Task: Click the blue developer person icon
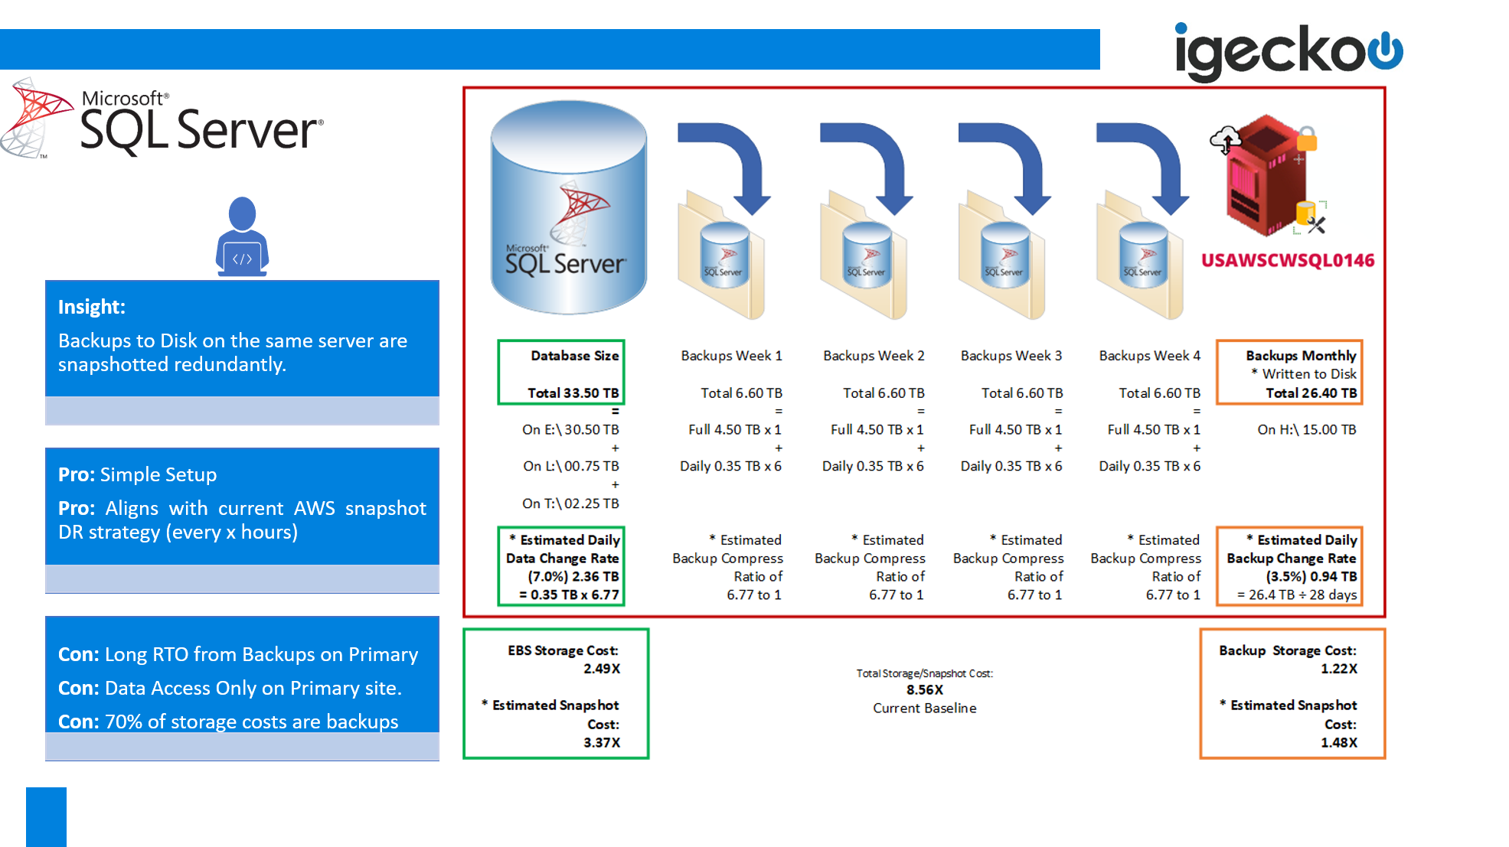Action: pos(242,236)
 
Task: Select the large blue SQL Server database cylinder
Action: pos(569,208)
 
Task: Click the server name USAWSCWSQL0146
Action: pos(1287,260)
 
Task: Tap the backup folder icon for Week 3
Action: pos(1002,260)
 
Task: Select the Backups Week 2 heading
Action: pos(874,356)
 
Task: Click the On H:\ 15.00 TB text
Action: pos(1306,430)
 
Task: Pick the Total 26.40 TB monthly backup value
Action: pos(1311,393)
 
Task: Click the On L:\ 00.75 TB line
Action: pos(570,466)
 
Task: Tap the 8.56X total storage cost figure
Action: pos(924,689)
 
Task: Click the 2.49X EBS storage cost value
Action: pos(602,668)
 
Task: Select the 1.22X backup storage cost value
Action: pos(1338,668)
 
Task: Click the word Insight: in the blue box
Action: pos(92,307)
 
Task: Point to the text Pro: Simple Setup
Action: pos(138,474)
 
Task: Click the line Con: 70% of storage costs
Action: pos(228,722)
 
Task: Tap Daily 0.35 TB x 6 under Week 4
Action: pos(1149,466)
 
